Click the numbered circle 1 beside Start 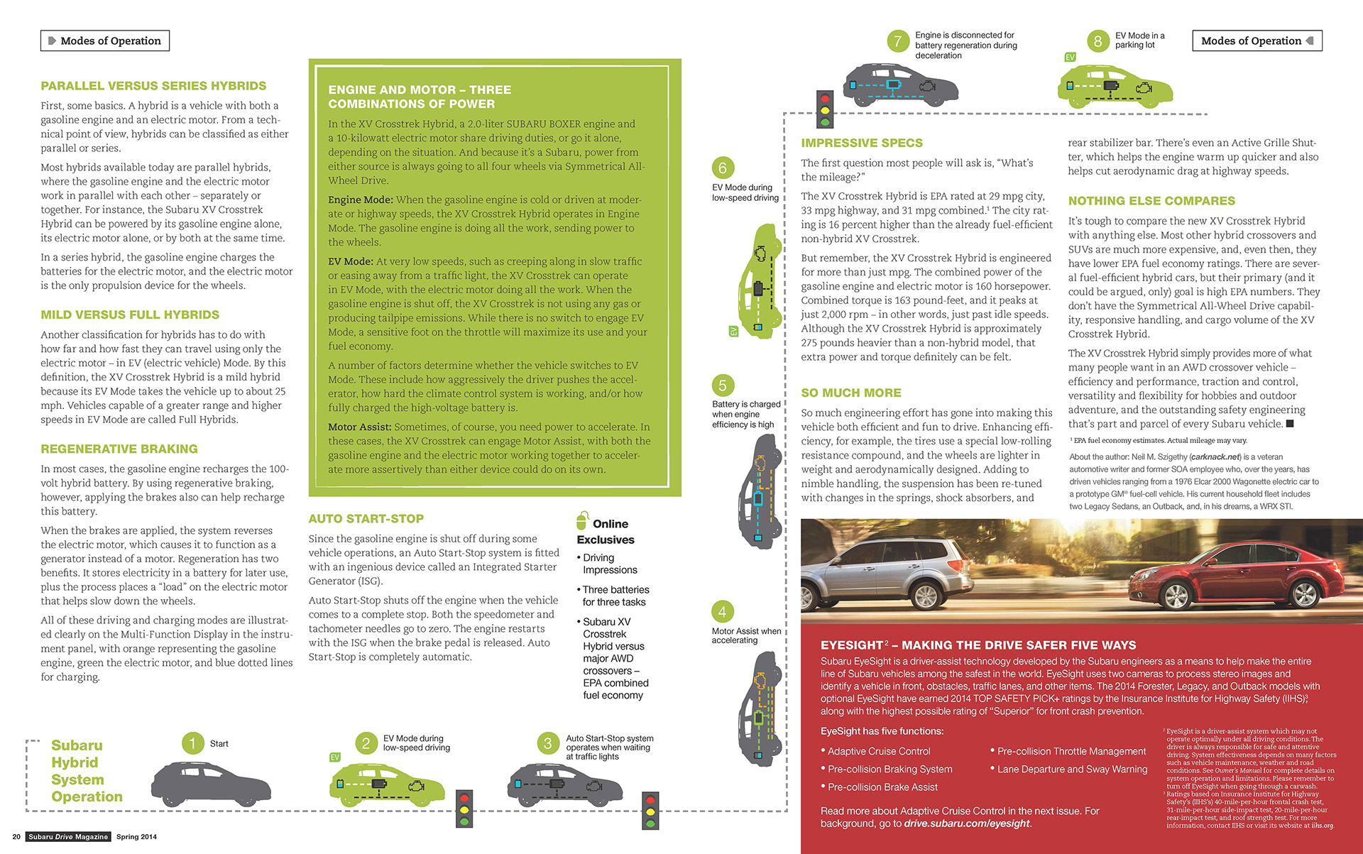pyautogui.click(x=192, y=743)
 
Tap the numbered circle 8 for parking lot pyautogui.click(x=1097, y=41)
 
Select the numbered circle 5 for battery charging pyautogui.click(x=722, y=385)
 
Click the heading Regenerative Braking pyautogui.click(x=119, y=449)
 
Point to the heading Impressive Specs pyautogui.click(x=862, y=143)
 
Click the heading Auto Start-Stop pyautogui.click(x=366, y=519)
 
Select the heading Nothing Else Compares pyautogui.click(x=1151, y=201)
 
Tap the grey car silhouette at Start pyautogui.click(x=202, y=784)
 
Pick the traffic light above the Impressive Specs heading pyautogui.click(x=824, y=109)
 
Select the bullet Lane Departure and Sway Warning pyautogui.click(x=1072, y=769)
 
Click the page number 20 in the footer pyautogui.click(x=16, y=837)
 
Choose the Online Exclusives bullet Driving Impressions pyautogui.click(x=610, y=564)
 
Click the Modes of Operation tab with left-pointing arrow pyautogui.click(x=1257, y=41)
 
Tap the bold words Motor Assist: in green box pyautogui.click(x=360, y=427)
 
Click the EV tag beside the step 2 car pyautogui.click(x=334, y=757)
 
